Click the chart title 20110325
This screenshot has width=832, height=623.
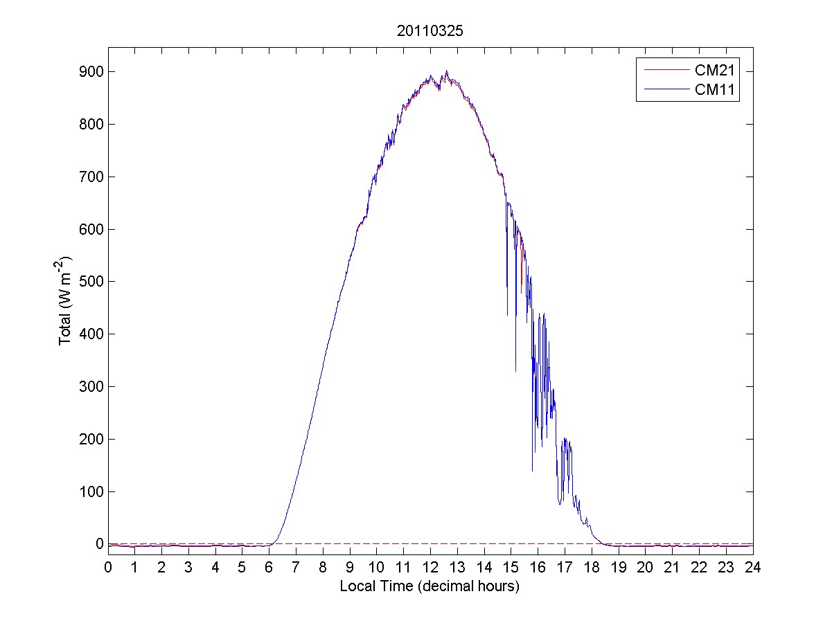coord(430,31)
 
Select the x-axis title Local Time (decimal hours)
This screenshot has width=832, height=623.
coord(430,586)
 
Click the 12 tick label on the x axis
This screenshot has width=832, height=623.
coord(430,567)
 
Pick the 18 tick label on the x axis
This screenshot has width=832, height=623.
coord(592,567)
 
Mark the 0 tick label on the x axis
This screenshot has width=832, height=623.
coord(108,567)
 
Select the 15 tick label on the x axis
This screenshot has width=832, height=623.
coord(511,567)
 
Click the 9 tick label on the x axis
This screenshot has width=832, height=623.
coord(350,567)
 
